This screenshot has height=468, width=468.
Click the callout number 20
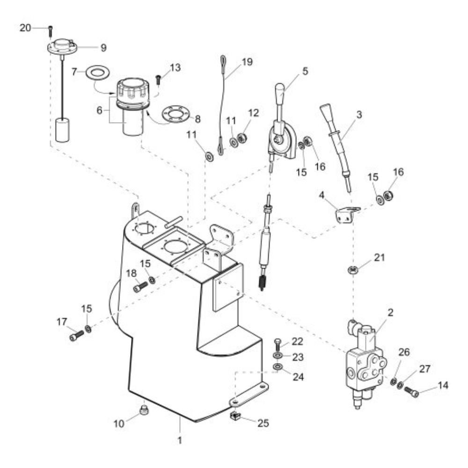25,28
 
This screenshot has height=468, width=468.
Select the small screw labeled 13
158,80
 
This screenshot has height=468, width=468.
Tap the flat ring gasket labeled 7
97,73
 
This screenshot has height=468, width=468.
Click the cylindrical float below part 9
62,130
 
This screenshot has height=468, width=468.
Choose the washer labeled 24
278,366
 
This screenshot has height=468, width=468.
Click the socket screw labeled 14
411,392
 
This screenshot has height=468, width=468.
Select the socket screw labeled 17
77,336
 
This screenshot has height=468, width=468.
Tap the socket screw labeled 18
140,287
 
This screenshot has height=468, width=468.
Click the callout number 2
390,313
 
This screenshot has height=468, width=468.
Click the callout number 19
247,62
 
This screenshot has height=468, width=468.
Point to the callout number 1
180,440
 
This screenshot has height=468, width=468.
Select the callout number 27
425,369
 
